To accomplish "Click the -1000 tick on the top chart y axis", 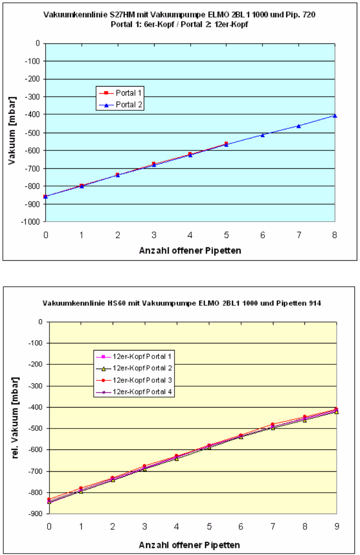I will click(32, 222).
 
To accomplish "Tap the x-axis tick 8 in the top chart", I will click(335, 234).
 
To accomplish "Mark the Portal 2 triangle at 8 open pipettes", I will click(335, 116).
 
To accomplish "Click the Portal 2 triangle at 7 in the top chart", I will click(299, 126).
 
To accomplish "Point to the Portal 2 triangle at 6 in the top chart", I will click(263, 135).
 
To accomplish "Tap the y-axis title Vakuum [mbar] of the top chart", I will click(13, 133).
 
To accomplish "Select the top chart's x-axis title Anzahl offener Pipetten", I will click(190, 250).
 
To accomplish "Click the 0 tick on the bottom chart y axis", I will click(41, 322).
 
